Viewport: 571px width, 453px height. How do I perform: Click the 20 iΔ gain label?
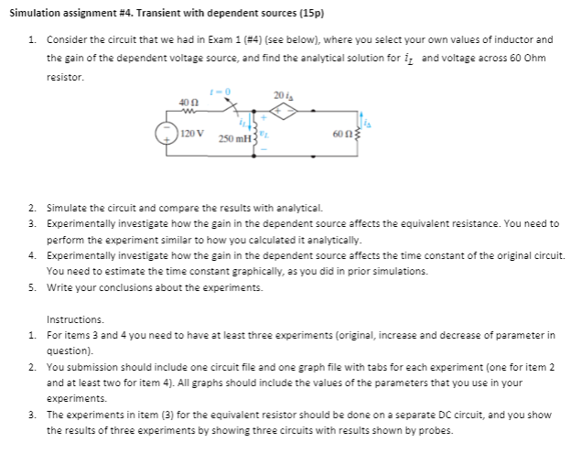(280, 95)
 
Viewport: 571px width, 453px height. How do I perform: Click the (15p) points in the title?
(312, 16)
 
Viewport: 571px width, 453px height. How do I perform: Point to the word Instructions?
(72, 321)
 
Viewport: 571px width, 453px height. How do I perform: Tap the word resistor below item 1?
(65, 77)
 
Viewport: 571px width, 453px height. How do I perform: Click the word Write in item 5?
(59, 287)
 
